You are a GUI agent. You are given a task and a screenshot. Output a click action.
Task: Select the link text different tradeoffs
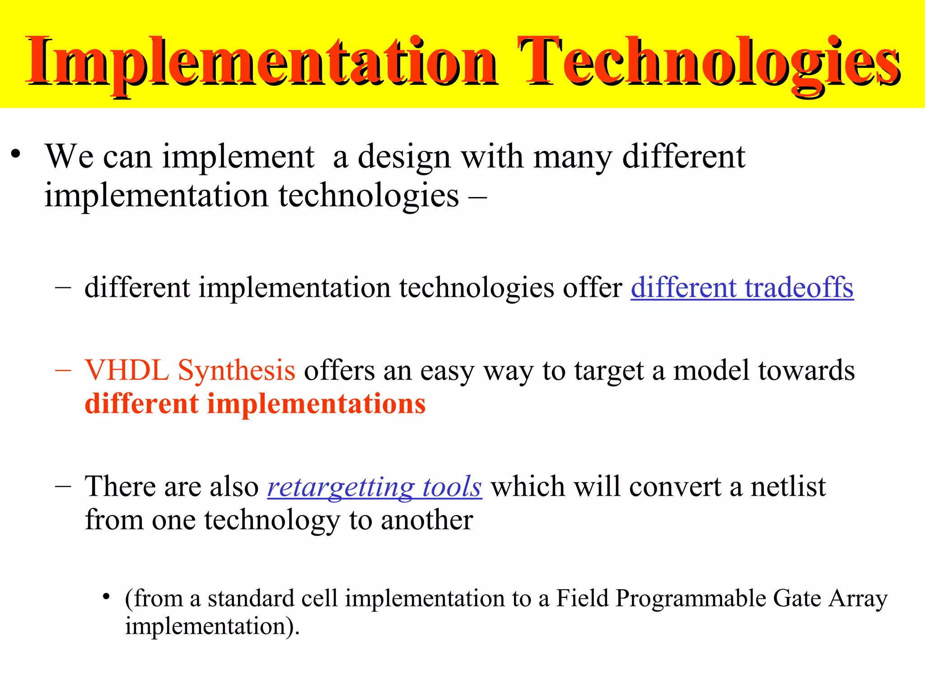[742, 288]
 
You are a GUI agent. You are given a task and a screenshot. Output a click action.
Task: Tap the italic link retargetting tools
[374, 487]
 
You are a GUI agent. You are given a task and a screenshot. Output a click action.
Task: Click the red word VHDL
[127, 370]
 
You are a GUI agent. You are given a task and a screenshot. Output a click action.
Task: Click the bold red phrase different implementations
[255, 403]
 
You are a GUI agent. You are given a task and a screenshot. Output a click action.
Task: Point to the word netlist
[788, 487]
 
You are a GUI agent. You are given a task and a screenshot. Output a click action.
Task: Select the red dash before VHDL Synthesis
[63, 370]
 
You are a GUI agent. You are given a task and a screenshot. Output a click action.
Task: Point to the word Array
[858, 599]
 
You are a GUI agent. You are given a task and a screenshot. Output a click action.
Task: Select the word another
[427, 520]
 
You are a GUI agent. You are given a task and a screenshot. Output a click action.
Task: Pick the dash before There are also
[63, 487]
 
